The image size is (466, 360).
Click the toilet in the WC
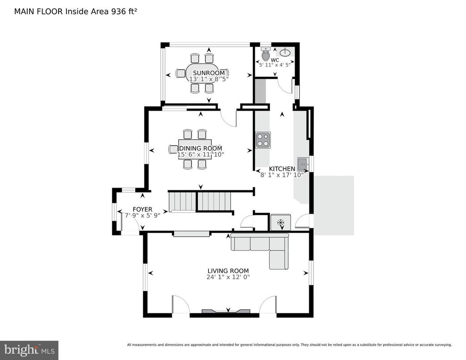(x=265, y=55)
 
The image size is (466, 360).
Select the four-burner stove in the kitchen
(x=262, y=140)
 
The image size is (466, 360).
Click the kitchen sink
(x=303, y=163)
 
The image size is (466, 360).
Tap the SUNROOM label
(x=209, y=73)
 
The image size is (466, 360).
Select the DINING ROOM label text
(x=201, y=148)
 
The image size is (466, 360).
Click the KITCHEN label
(x=282, y=169)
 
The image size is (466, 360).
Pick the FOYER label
(x=142, y=209)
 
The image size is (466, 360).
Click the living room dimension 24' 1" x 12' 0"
(x=228, y=277)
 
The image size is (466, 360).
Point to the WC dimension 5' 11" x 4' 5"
(x=275, y=65)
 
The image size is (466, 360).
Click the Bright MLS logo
(x=29, y=350)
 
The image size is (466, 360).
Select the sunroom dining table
(x=201, y=73)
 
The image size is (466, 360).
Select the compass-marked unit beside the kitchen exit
(x=281, y=223)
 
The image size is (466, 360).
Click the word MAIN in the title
(x=23, y=11)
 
